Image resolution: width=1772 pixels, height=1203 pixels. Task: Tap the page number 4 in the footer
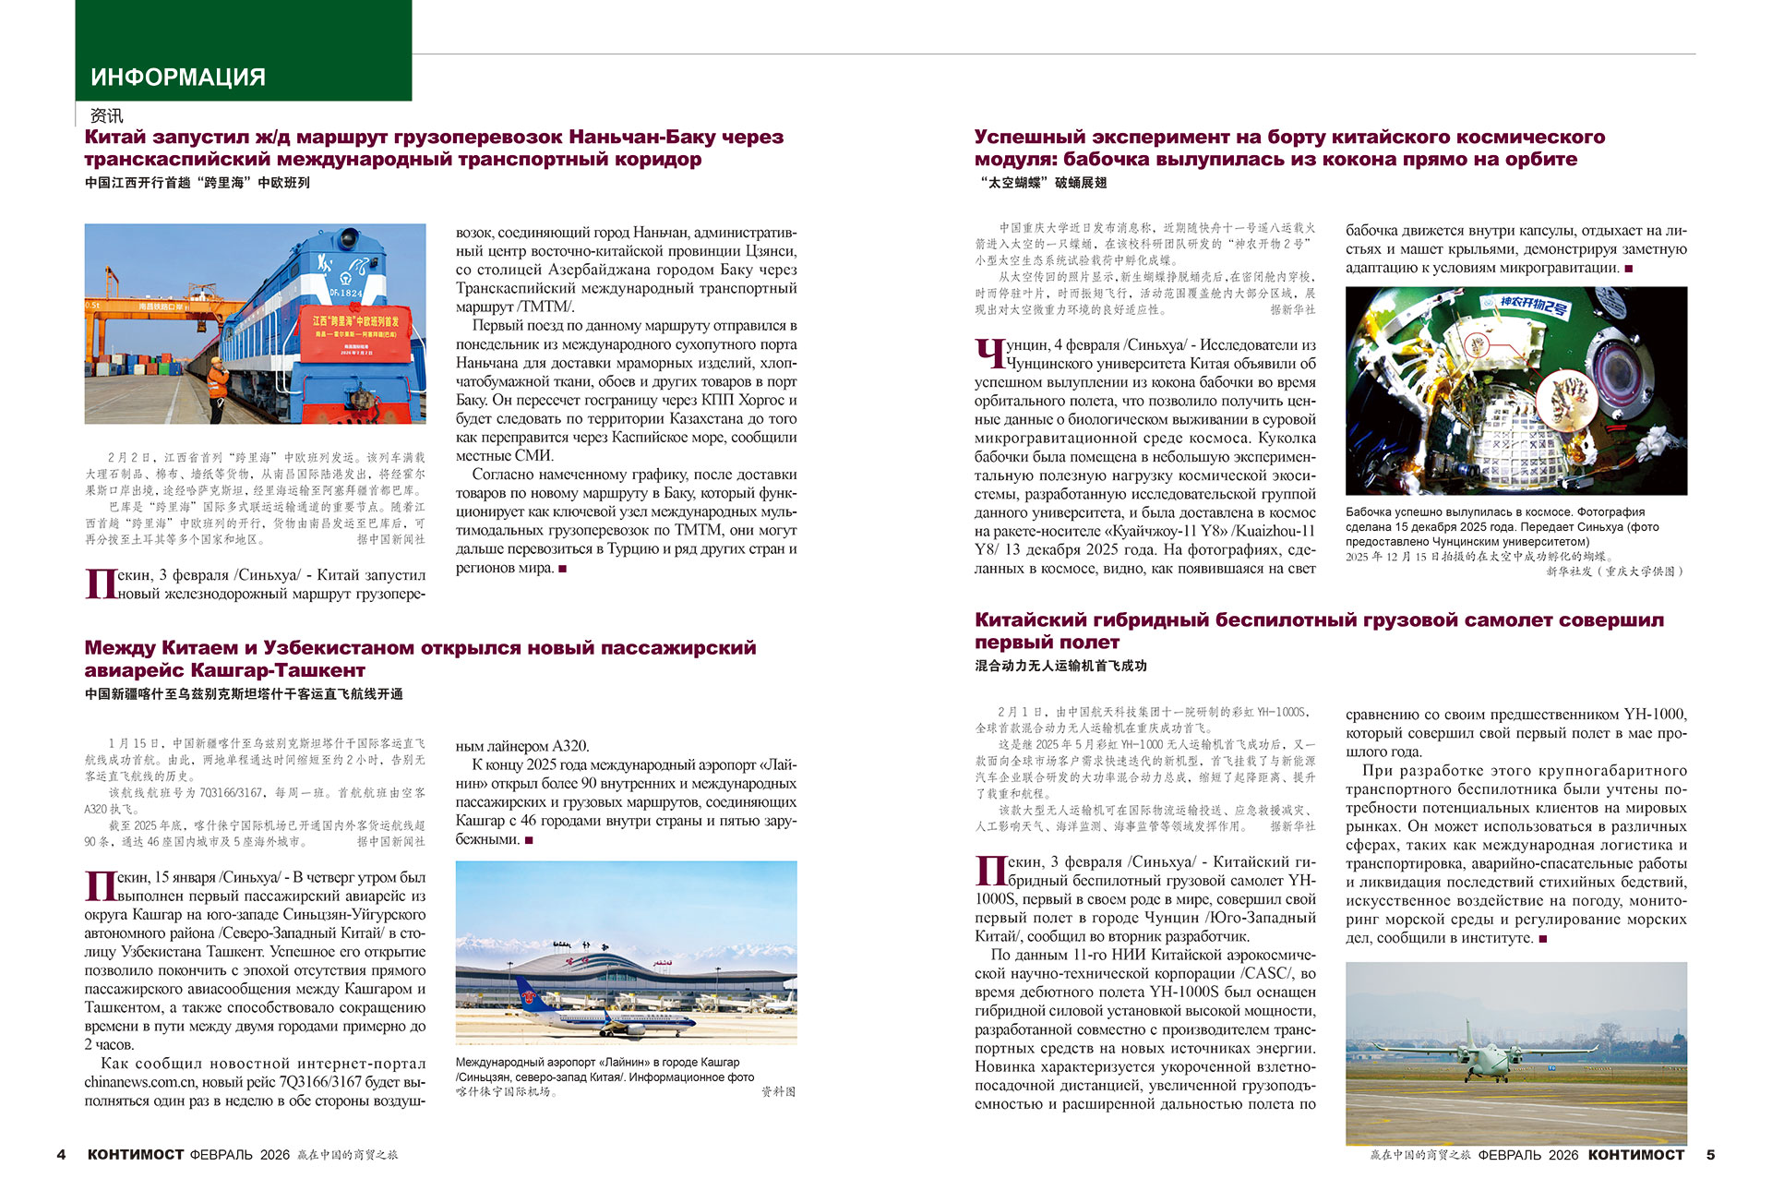pos(61,1154)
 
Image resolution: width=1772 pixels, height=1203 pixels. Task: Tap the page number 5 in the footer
pos(1710,1154)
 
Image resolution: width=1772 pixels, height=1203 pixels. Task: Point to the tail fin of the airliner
pos(525,992)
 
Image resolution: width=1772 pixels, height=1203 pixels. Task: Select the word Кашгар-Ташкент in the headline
pos(278,670)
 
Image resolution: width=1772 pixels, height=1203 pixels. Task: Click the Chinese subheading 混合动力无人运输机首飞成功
pos(1060,665)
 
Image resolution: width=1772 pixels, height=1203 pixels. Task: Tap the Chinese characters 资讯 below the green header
pos(106,115)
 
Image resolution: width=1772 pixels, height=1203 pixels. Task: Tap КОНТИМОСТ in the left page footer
pos(136,1154)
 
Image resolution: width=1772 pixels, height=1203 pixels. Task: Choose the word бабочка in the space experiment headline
pos(1126,159)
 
